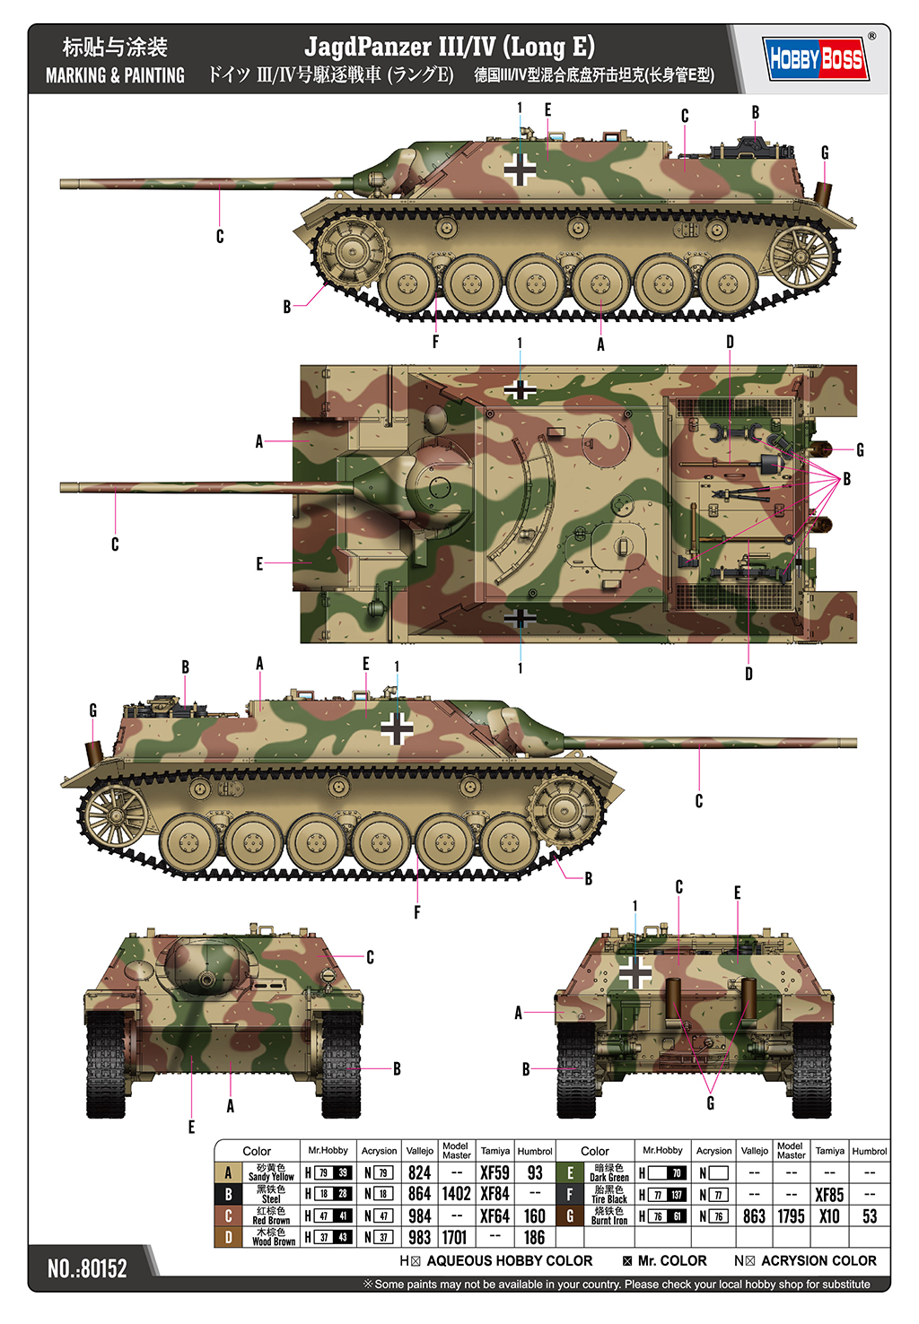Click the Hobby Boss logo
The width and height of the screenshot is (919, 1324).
815,59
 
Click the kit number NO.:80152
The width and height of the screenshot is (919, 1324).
87,1267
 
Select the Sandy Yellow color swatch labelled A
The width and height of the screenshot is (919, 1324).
228,1172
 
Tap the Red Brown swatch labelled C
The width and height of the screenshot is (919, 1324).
228,1215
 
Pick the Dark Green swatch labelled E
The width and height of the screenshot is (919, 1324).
570,1172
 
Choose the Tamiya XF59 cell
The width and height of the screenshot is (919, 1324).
495,1172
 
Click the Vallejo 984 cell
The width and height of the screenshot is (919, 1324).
419,1215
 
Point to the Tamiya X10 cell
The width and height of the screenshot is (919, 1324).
829,1215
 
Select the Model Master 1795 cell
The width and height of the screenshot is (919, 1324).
791,1215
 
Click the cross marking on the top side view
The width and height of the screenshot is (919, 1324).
519,168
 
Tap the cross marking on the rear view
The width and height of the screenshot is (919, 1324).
635,972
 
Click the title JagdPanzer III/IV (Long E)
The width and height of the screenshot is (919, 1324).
449,46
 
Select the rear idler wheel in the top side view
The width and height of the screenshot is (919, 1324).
801,255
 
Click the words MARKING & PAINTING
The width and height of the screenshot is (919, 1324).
115,75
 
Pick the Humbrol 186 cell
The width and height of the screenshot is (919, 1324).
535,1237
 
